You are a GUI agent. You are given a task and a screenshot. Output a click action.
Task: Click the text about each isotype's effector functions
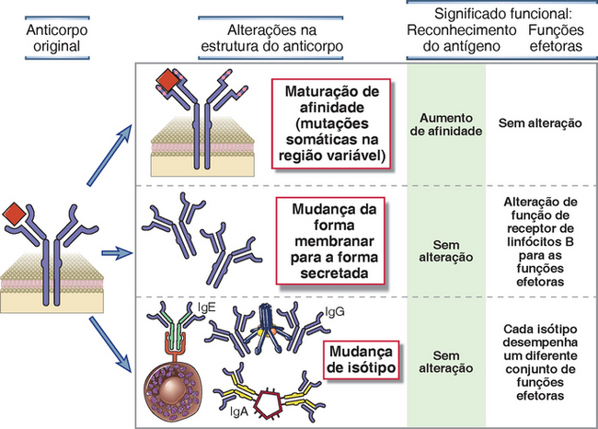(x=540, y=361)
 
